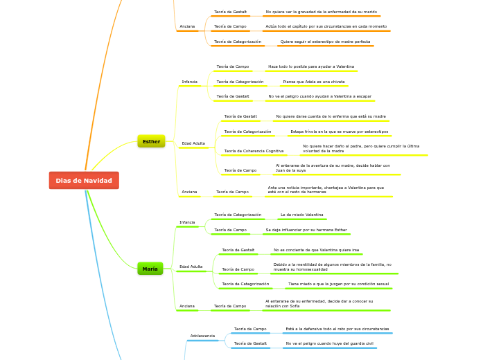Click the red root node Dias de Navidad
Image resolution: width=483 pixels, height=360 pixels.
click(x=84, y=181)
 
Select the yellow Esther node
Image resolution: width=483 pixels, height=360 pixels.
click(x=151, y=141)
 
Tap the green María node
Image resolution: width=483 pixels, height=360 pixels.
click(x=150, y=269)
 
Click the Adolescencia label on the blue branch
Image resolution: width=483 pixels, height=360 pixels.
click(x=202, y=336)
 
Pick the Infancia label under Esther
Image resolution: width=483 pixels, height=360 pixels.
click(x=189, y=82)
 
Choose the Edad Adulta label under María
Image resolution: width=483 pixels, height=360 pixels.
click(x=191, y=267)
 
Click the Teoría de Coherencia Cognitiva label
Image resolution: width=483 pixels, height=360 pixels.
click(x=254, y=151)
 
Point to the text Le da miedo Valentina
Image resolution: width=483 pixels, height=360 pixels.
click(x=301, y=215)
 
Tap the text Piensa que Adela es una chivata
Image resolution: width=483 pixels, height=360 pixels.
click(x=314, y=82)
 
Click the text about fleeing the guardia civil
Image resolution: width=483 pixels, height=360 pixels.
click(x=329, y=343)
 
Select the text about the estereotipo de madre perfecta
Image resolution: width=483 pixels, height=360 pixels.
click(x=325, y=42)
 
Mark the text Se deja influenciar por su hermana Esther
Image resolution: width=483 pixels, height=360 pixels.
click(x=306, y=230)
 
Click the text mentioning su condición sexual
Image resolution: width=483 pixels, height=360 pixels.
click(x=338, y=284)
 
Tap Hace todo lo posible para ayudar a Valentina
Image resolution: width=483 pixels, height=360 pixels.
click(x=311, y=66)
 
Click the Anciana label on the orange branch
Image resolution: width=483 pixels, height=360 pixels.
click(x=187, y=26)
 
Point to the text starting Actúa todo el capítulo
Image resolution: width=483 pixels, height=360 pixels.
click(x=326, y=26)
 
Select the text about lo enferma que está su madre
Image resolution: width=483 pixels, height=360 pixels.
click(x=331, y=116)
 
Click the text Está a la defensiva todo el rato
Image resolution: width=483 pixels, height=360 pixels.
click(x=337, y=329)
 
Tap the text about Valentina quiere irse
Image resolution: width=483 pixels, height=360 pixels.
click(x=317, y=250)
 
